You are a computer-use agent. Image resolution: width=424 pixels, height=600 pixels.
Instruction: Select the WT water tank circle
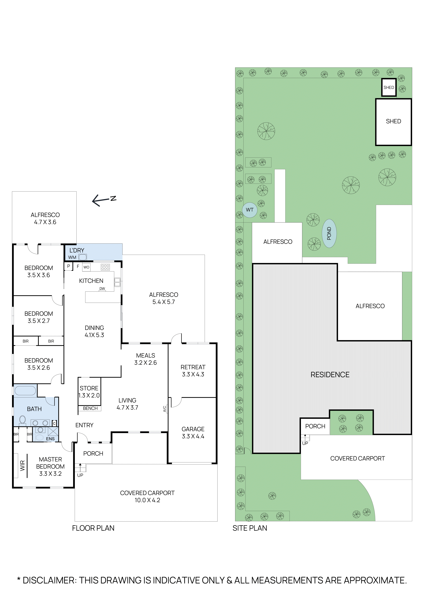coord(250,210)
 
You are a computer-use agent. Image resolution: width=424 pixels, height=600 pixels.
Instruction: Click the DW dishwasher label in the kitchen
coord(102,288)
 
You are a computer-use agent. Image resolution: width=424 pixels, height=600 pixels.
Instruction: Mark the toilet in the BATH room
coord(23,420)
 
